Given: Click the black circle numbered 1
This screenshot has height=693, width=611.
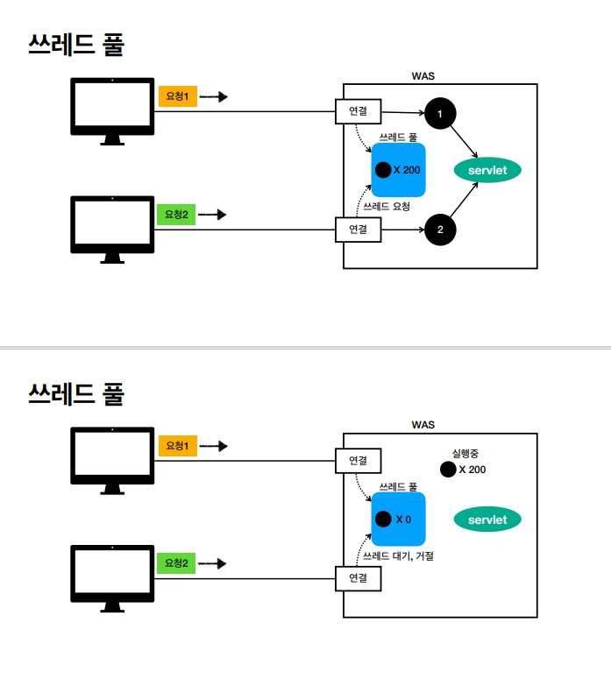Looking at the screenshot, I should tap(440, 113).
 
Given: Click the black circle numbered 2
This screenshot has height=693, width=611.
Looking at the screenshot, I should tap(440, 230).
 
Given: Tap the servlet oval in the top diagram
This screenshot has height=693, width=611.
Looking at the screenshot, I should tap(487, 170).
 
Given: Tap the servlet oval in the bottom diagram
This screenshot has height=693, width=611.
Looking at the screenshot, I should tap(487, 520).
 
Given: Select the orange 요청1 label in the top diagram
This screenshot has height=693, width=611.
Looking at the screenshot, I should tap(178, 96).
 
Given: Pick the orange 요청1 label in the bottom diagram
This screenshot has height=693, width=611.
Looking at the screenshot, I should tap(178, 445).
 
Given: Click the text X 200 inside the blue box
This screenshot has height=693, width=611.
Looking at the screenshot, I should tap(407, 170).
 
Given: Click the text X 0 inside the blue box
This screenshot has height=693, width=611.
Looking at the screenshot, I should tap(403, 520).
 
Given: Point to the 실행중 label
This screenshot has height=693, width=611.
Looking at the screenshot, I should tap(465, 453).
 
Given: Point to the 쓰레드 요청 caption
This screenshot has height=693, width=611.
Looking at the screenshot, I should tap(386, 207).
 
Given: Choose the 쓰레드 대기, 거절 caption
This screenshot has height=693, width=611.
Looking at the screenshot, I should tap(398, 555).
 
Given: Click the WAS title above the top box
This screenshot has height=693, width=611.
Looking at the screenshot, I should tap(423, 76).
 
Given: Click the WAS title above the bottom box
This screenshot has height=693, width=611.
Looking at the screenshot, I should tap(423, 425).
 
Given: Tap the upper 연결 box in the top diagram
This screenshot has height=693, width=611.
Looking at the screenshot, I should tap(359, 111).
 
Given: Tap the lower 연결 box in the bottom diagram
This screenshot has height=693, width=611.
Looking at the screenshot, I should tap(359, 578).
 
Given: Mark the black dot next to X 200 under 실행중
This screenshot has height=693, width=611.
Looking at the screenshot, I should tap(448, 470).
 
